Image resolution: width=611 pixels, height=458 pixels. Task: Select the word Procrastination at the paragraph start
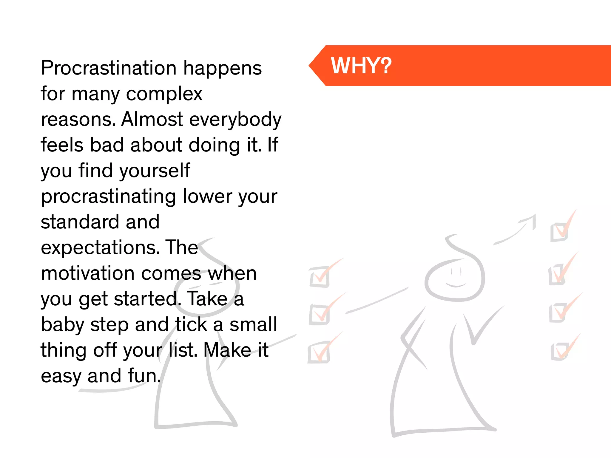point(109,68)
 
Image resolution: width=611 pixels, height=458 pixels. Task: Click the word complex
point(164,94)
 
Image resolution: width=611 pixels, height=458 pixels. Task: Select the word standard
point(80,222)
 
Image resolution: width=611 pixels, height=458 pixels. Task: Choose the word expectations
point(98,248)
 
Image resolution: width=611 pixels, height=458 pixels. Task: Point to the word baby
point(63,325)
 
